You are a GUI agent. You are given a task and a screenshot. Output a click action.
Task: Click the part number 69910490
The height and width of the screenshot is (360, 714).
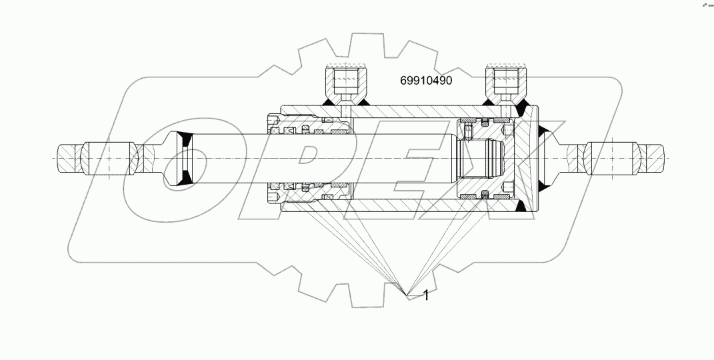(x=426, y=81)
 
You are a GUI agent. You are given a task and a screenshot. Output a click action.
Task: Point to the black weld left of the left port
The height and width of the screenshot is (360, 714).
(x=329, y=102)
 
